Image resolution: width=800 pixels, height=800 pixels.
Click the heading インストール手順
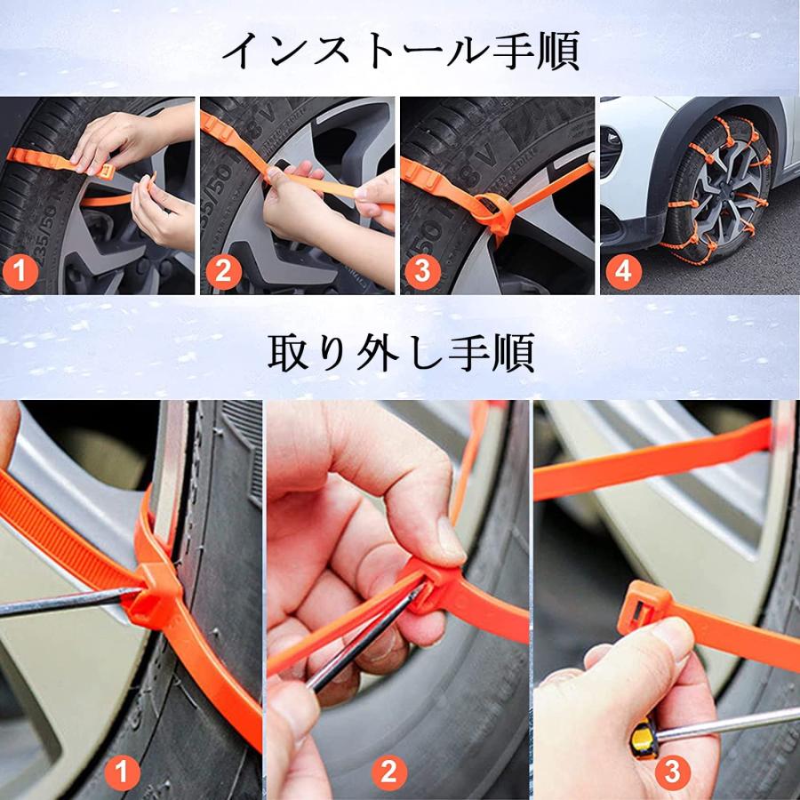tap(400, 51)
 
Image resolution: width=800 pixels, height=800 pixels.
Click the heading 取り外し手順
tap(400, 353)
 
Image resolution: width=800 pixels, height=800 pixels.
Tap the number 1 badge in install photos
tap(22, 272)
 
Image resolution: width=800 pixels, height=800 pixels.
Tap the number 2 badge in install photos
tap(222, 272)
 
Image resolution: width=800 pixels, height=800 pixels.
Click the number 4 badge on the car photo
tap(623, 272)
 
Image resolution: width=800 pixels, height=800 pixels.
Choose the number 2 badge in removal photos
tap(388, 772)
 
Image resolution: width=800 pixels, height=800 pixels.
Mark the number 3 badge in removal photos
tap(672, 772)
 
